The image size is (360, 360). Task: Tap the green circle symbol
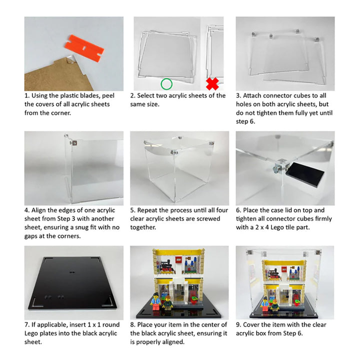(x=166, y=84)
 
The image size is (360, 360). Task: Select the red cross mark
(x=212, y=84)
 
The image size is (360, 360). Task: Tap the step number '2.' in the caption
(x=132, y=95)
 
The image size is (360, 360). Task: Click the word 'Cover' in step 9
(x=251, y=325)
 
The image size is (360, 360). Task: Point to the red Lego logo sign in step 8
(x=179, y=259)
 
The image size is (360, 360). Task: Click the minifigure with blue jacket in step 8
(x=155, y=301)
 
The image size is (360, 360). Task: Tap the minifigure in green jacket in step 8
(x=167, y=303)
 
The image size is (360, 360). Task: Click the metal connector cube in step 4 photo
(x=74, y=143)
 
